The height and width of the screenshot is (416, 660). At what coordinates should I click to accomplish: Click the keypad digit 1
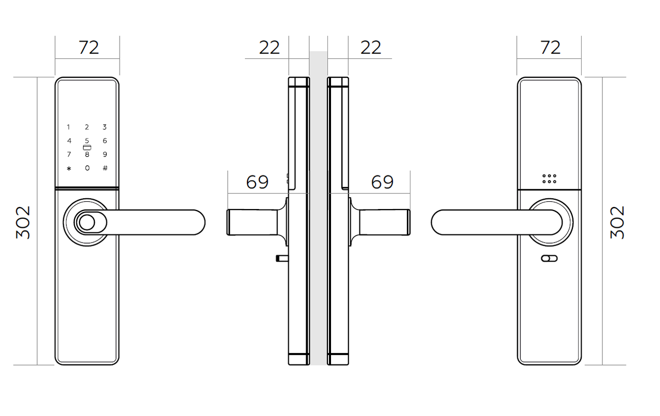69,127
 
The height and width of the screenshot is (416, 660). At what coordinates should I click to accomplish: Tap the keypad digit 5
87,141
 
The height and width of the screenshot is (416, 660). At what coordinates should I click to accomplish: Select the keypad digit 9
105,154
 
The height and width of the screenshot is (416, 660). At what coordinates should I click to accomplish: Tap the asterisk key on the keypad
69,168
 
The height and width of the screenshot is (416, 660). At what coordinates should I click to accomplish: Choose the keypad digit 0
87,168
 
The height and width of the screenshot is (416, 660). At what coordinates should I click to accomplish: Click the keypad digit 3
105,127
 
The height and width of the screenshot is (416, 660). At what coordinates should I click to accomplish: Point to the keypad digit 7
69,154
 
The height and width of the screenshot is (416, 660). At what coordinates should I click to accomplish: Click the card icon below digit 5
87,148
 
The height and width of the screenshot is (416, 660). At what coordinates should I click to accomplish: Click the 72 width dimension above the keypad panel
89,47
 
